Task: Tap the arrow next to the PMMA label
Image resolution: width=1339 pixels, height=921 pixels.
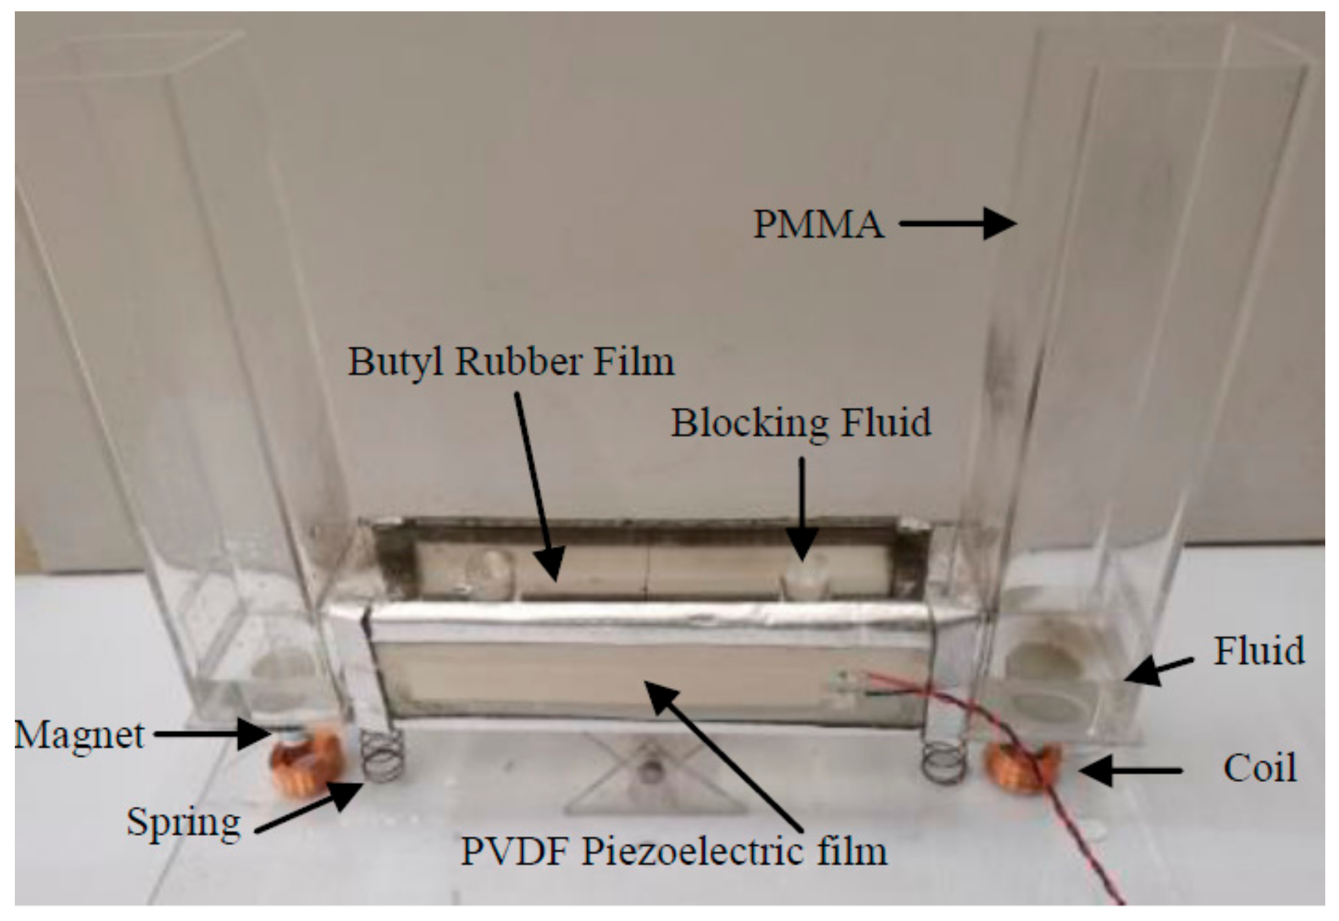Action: tap(958, 224)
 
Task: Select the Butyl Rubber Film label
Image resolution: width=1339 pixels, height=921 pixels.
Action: tap(511, 362)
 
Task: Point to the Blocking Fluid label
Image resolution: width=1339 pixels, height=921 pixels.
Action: tap(800, 423)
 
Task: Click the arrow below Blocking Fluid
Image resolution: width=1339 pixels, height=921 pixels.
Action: tap(801, 508)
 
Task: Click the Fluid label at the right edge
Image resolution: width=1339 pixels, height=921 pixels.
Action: tap(1259, 651)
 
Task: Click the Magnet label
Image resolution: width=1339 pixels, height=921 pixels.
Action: tap(79, 735)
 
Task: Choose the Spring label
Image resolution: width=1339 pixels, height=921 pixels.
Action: tap(183, 822)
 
